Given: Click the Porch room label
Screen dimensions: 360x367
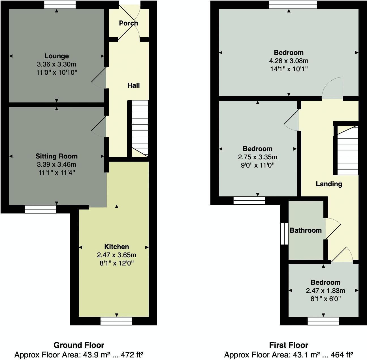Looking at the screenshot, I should (128, 23).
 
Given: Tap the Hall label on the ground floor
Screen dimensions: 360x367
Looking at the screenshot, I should (133, 85).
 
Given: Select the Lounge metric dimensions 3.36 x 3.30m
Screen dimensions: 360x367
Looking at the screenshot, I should (57, 64).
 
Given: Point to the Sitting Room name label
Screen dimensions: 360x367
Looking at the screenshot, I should (56, 156).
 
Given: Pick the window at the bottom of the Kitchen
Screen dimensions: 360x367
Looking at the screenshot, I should (116, 321).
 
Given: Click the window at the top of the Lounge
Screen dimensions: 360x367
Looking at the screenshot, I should (60, 5).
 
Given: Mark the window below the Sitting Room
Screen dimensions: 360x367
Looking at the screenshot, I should (40, 209).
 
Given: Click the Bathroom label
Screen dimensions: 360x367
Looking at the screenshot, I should (306, 230).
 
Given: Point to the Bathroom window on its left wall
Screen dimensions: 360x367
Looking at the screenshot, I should (284, 233).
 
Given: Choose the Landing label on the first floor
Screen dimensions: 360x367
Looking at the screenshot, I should (329, 184).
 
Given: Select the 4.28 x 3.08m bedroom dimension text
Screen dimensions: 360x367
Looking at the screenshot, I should (289, 61).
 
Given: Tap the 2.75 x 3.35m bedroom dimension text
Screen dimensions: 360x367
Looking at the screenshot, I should (257, 157).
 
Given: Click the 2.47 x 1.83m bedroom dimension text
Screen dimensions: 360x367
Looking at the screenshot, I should (325, 291).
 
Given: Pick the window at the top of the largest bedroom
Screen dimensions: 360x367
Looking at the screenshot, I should (293, 5).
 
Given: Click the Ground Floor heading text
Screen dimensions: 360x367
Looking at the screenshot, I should (79, 345).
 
